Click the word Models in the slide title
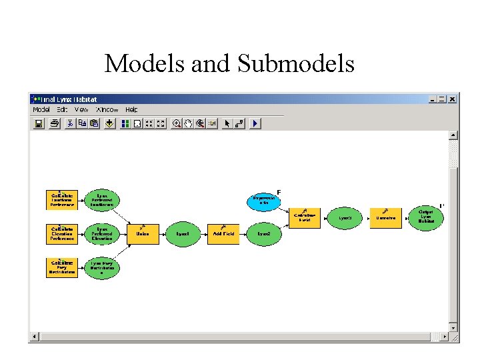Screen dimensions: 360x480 click(x=146, y=63)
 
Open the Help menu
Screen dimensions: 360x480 click(x=131, y=109)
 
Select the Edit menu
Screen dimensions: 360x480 click(x=62, y=109)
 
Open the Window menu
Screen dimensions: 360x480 click(x=107, y=109)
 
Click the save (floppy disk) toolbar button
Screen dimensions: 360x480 click(x=39, y=123)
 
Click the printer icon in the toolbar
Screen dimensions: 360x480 click(x=54, y=123)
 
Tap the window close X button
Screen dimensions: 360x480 click(x=453, y=99)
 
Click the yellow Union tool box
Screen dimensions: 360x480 click(x=143, y=234)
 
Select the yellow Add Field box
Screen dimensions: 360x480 click(x=223, y=234)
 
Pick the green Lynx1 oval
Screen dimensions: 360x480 click(x=183, y=234)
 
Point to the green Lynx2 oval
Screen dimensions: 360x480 click(x=264, y=234)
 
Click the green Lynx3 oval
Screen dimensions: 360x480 click(x=345, y=218)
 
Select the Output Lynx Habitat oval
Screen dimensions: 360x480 click(x=425, y=218)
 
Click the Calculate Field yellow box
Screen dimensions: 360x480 click(x=305, y=218)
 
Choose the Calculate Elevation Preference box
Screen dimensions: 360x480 click(x=62, y=234)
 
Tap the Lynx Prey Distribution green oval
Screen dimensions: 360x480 click(x=102, y=267)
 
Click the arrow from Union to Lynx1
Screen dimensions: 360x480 click(x=163, y=234)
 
